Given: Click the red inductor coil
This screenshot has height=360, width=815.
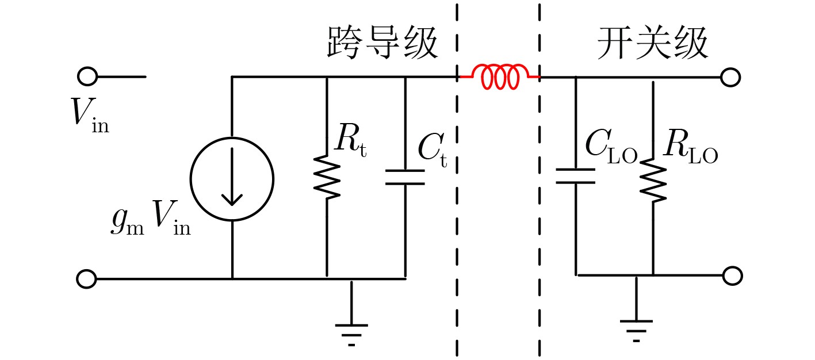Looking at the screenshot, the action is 500,77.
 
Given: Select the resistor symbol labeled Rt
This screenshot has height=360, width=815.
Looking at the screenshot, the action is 327,177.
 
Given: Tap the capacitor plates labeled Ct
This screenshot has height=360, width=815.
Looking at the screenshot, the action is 405,177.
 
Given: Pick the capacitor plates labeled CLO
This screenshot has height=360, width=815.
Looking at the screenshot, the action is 575,176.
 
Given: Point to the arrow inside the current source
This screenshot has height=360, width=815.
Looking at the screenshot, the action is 232,177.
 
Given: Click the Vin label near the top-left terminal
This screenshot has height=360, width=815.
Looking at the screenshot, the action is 90,116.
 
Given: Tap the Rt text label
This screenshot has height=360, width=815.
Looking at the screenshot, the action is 351,140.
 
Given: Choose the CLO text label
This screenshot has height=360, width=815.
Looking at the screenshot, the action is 611,147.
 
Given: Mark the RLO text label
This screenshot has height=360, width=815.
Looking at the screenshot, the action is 690,147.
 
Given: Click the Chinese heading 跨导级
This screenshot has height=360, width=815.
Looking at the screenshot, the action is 382,43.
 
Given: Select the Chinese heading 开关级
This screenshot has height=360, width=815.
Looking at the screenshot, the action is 652,43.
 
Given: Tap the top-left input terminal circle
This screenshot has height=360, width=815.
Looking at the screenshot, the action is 87,76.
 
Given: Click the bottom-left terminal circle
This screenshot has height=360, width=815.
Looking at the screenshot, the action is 87,279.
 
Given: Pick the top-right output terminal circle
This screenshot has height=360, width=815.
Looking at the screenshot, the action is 730,77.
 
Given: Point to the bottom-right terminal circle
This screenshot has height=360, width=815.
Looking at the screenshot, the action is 732,275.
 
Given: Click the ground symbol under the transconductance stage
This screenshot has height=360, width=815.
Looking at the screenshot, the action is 351,313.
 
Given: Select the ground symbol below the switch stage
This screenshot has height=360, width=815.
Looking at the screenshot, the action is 636,309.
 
